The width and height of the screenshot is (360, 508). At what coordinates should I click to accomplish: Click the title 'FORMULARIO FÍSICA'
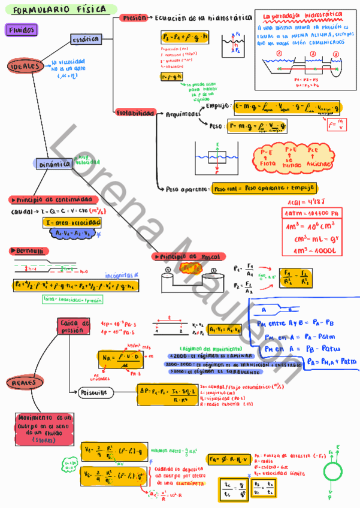[x=58, y=10]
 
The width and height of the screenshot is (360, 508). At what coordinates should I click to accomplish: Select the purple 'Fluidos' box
[x=22, y=29]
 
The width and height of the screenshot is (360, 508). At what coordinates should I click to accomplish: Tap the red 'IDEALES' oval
[x=24, y=66]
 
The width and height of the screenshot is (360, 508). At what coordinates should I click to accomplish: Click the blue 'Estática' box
[x=85, y=40]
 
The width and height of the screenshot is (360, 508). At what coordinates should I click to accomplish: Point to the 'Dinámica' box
[x=54, y=163]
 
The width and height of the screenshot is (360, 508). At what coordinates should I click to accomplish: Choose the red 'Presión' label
[x=134, y=18]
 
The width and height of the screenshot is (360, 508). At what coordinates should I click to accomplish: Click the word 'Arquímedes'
[x=183, y=114]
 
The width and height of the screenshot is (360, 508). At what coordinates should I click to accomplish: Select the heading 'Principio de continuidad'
[x=51, y=199]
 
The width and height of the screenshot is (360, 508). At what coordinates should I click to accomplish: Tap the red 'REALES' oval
[x=23, y=382]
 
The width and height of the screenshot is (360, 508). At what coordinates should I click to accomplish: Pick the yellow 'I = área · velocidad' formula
[x=72, y=223]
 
